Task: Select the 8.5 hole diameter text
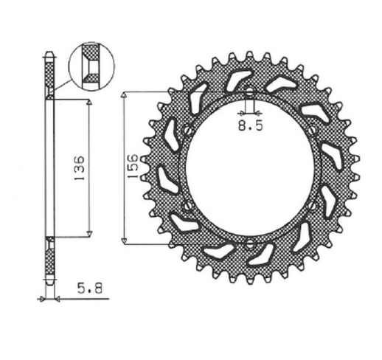[x=249, y=126]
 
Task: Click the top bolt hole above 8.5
[x=249, y=94]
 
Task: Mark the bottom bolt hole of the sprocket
[x=249, y=243]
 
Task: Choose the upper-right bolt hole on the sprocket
[x=312, y=131]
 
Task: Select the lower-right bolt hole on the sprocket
[x=312, y=205]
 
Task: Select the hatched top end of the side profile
[x=49, y=75]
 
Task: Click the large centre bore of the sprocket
[x=249, y=168]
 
